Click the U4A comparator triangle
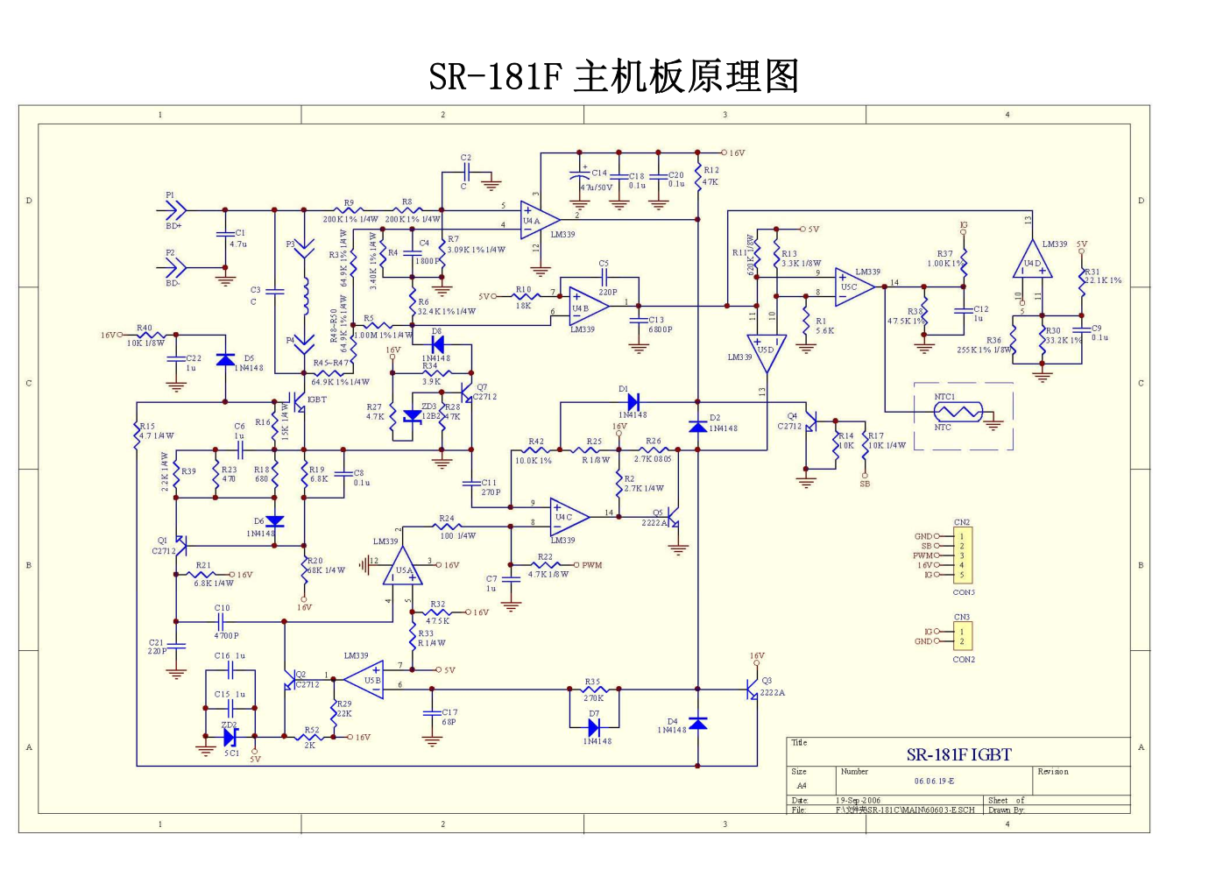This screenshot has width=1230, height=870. pyautogui.click(x=538, y=220)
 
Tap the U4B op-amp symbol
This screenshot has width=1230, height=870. pyautogui.click(x=587, y=304)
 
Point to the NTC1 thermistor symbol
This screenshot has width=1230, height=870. pyautogui.click(x=958, y=412)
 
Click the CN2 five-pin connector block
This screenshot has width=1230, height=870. pyautogui.click(x=962, y=555)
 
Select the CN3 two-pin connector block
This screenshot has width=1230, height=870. pyautogui.click(x=962, y=636)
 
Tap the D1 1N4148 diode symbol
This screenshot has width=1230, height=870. pyautogui.click(x=633, y=402)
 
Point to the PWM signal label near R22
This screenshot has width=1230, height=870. pyautogui.click(x=592, y=565)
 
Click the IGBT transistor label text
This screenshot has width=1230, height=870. pyautogui.click(x=316, y=400)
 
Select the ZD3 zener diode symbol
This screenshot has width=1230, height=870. pyautogui.click(x=412, y=416)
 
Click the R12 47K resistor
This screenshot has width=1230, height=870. pyautogui.click(x=698, y=177)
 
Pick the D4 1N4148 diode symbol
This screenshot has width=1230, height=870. pyautogui.click(x=697, y=723)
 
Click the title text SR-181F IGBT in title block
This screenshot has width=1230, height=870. pyautogui.click(x=958, y=754)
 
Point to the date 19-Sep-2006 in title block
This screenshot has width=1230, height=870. pyautogui.click(x=858, y=800)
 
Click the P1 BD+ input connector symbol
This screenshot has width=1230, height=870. pyautogui.click(x=176, y=209)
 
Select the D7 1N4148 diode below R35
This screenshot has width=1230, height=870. pyautogui.click(x=594, y=727)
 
